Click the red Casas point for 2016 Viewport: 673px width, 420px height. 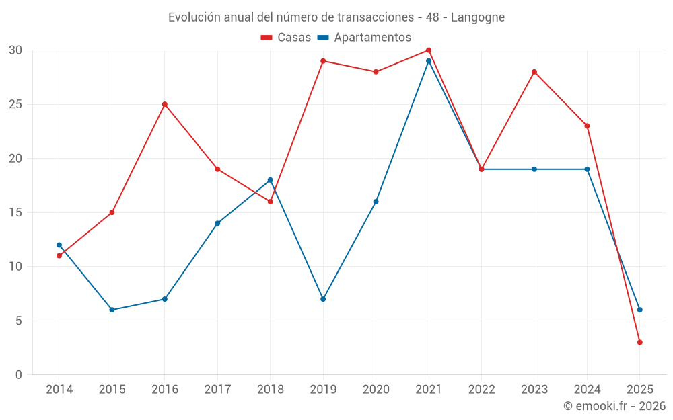(x=165, y=104)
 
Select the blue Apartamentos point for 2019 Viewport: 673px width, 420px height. (x=323, y=299)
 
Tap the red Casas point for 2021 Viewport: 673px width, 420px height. (x=429, y=50)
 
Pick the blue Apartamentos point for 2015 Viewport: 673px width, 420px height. (x=112, y=310)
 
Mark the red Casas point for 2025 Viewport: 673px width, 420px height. (x=640, y=342)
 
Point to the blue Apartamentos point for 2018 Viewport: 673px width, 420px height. (x=271, y=180)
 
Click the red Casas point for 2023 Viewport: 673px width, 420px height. (x=534, y=72)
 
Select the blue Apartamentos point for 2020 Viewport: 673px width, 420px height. (x=376, y=202)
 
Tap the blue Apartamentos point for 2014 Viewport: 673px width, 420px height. (x=59, y=245)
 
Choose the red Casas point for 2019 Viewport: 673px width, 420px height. (x=323, y=61)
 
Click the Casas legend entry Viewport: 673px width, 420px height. (x=286, y=38)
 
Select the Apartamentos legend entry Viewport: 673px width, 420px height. (x=364, y=38)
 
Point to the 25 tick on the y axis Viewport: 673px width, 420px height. (x=15, y=104)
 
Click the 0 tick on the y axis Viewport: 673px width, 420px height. (x=19, y=375)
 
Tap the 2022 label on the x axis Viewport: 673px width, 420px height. (x=481, y=390)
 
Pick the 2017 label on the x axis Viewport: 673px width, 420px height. (x=217, y=390)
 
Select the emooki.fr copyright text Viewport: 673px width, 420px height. (x=614, y=406)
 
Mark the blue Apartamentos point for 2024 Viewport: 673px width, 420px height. (x=587, y=169)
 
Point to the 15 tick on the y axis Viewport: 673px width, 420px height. (x=15, y=212)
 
